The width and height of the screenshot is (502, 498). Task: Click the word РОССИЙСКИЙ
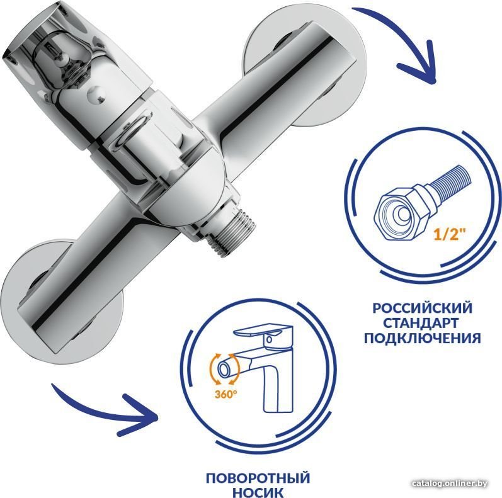tap(422, 308)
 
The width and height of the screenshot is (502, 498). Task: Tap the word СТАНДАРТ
tap(422, 323)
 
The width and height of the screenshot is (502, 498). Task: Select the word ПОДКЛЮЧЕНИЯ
tap(422, 338)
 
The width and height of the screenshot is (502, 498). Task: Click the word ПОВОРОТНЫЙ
tap(258, 478)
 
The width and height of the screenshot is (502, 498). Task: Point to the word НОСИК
tap(258, 492)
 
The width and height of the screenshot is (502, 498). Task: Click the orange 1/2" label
tap(448, 235)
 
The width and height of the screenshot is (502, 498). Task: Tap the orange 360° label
tap(226, 394)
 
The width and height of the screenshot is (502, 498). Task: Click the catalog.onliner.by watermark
tap(450, 484)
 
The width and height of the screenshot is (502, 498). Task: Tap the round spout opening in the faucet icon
tap(224, 369)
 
